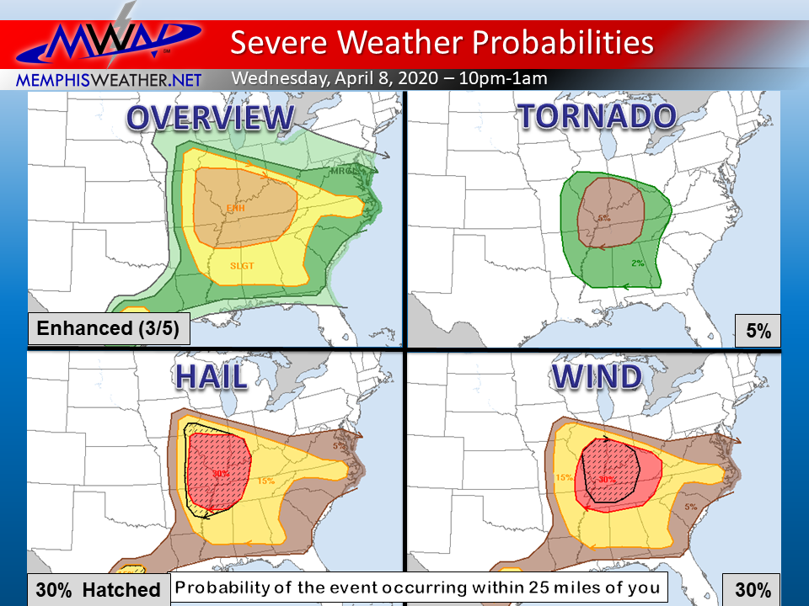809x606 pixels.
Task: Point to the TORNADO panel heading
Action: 597,116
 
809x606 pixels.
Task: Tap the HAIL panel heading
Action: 211,378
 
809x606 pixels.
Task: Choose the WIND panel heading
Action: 597,377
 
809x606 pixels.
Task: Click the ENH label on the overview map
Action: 235,207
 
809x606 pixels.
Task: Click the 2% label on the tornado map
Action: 637,263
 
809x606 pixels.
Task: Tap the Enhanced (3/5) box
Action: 108,327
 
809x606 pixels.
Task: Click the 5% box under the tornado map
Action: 758,332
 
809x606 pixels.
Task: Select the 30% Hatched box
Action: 97,590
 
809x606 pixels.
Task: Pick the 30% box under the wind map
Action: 752,590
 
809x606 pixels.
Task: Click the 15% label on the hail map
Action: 265,481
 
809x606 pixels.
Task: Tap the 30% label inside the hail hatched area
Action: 221,474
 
